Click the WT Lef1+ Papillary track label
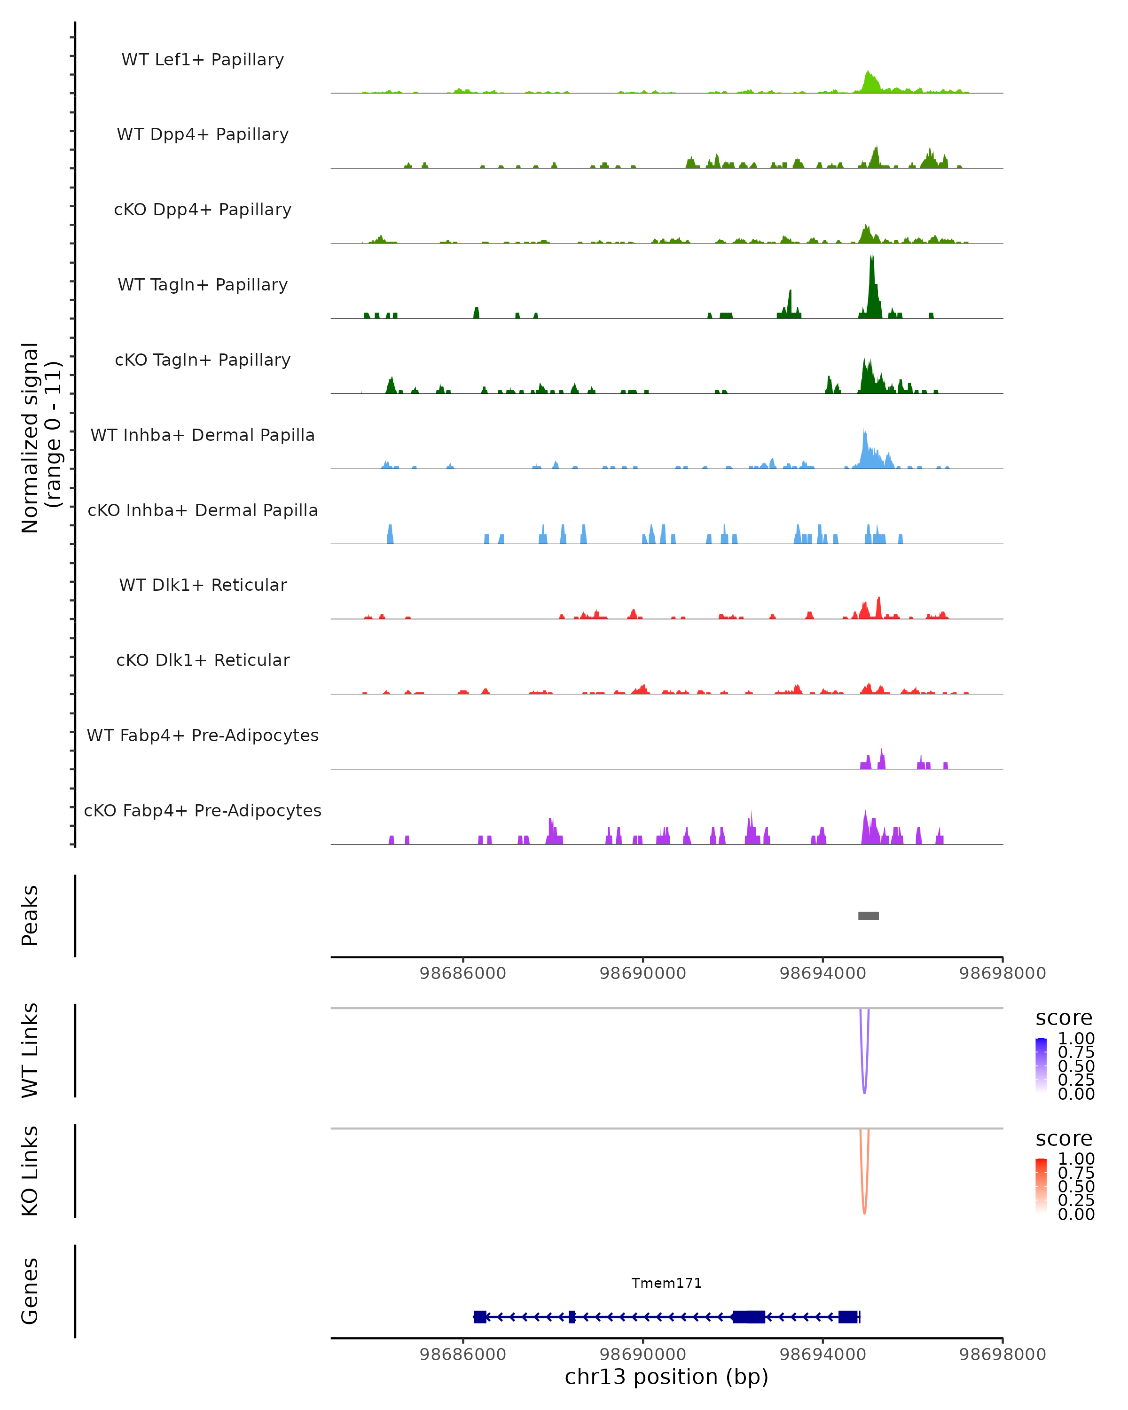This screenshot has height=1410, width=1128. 203,60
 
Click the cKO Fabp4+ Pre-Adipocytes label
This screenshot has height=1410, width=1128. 203,810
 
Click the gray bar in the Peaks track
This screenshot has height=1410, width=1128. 869,916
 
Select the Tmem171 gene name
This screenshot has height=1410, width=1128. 666,1283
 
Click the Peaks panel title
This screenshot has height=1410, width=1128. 30,916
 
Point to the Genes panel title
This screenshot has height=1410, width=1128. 30,1291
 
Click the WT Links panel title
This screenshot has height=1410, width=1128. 30,1050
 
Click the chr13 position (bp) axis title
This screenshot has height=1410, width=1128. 666,1377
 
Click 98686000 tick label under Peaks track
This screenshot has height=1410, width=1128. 463,973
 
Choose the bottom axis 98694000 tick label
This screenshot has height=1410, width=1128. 822,1355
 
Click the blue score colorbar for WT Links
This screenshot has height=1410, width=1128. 1041,1066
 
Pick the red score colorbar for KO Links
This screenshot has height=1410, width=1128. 1041,1186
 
